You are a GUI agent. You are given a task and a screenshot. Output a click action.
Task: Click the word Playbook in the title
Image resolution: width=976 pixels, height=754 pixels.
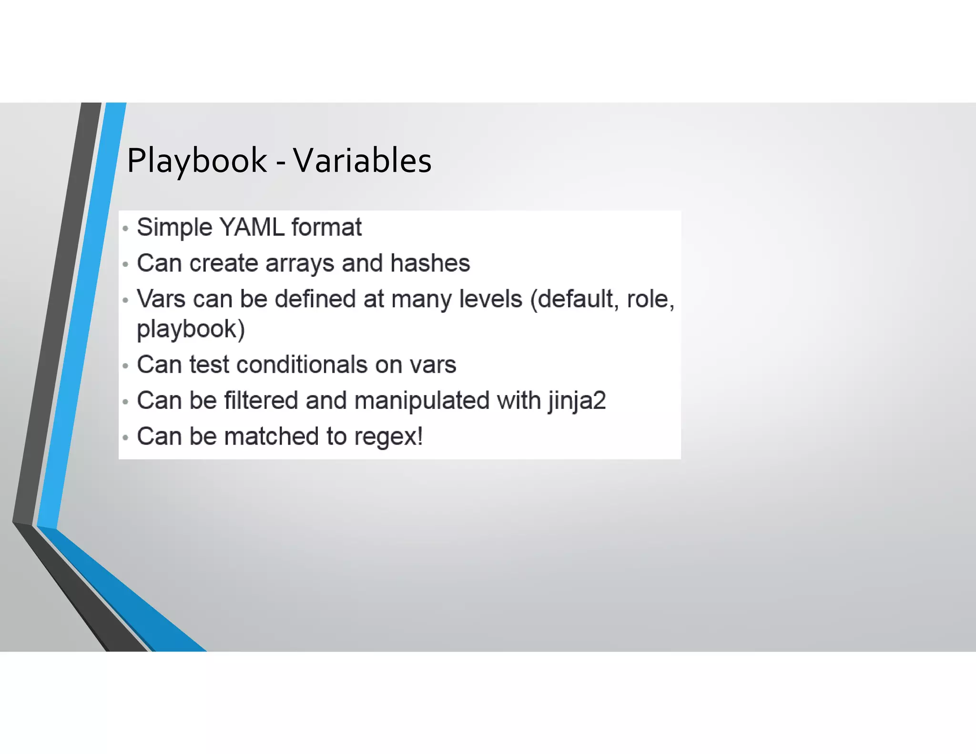(196, 161)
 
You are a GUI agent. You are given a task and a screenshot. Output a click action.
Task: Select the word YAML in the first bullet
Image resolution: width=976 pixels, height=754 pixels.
(252, 227)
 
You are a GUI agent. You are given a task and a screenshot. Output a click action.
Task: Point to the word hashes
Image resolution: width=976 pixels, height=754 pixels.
(430, 263)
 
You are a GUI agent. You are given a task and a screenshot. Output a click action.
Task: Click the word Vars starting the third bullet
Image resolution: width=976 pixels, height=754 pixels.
(161, 299)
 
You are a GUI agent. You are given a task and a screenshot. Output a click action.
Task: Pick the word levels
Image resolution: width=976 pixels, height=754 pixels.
(490, 299)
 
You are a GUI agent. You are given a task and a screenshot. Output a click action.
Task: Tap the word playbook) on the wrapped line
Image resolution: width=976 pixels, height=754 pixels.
(191, 329)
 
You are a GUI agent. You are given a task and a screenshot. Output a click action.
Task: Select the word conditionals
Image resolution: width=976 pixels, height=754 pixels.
(302, 365)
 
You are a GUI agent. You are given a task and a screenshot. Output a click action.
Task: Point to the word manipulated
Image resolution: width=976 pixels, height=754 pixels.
(422, 400)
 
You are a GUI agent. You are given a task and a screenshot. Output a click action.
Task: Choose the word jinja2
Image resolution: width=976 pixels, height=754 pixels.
(577, 401)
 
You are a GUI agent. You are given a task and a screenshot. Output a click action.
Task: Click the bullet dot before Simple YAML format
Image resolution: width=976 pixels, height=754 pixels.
(125, 229)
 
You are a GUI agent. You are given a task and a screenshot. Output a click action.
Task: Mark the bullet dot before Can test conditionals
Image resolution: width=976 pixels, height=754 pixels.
(125, 366)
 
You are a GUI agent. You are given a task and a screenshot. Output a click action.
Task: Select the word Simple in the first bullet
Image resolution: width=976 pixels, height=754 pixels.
(174, 228)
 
